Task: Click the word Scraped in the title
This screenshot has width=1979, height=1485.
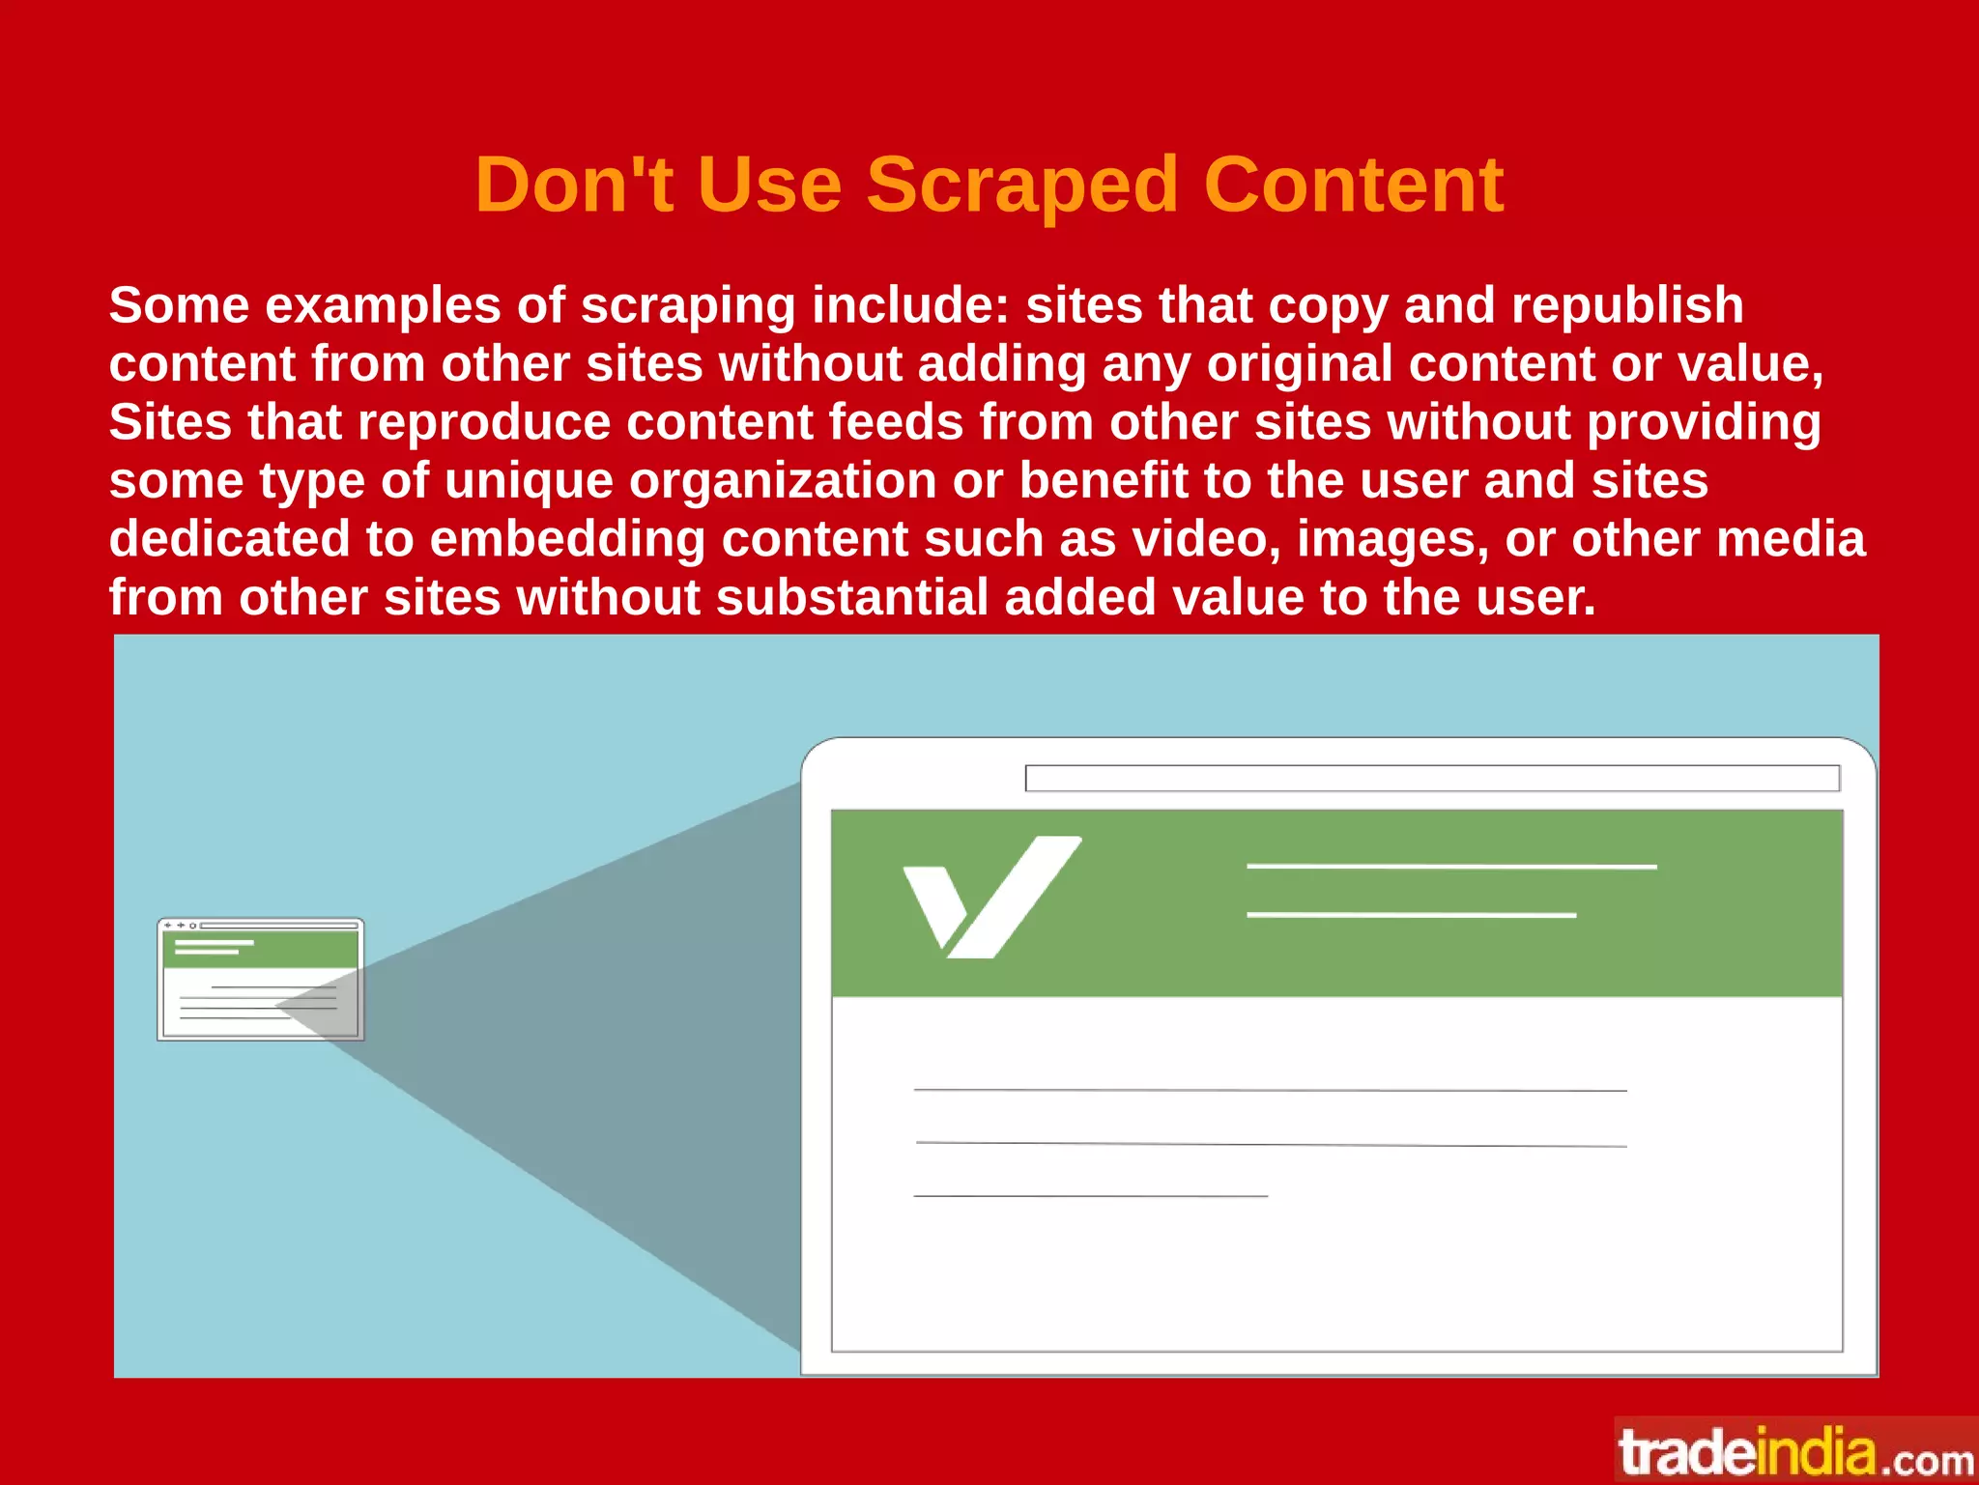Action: point(1021,186)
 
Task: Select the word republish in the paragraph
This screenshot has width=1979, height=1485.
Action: point(1627,305)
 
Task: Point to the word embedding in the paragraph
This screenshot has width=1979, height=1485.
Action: point(567,539)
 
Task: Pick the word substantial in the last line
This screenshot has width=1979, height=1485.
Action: point(851,597)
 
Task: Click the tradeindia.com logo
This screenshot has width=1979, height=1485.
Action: point(1795,1452)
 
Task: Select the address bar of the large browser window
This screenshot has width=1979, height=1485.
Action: point(1431,778)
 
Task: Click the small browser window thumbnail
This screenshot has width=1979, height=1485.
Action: point(261,979)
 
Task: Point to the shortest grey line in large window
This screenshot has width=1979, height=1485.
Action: point(1090,1196)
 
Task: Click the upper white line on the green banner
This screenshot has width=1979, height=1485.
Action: point(1450,867)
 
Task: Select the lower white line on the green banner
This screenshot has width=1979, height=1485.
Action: point(1411,914)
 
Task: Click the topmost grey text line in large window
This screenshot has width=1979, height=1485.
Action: point(1270,1090)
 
